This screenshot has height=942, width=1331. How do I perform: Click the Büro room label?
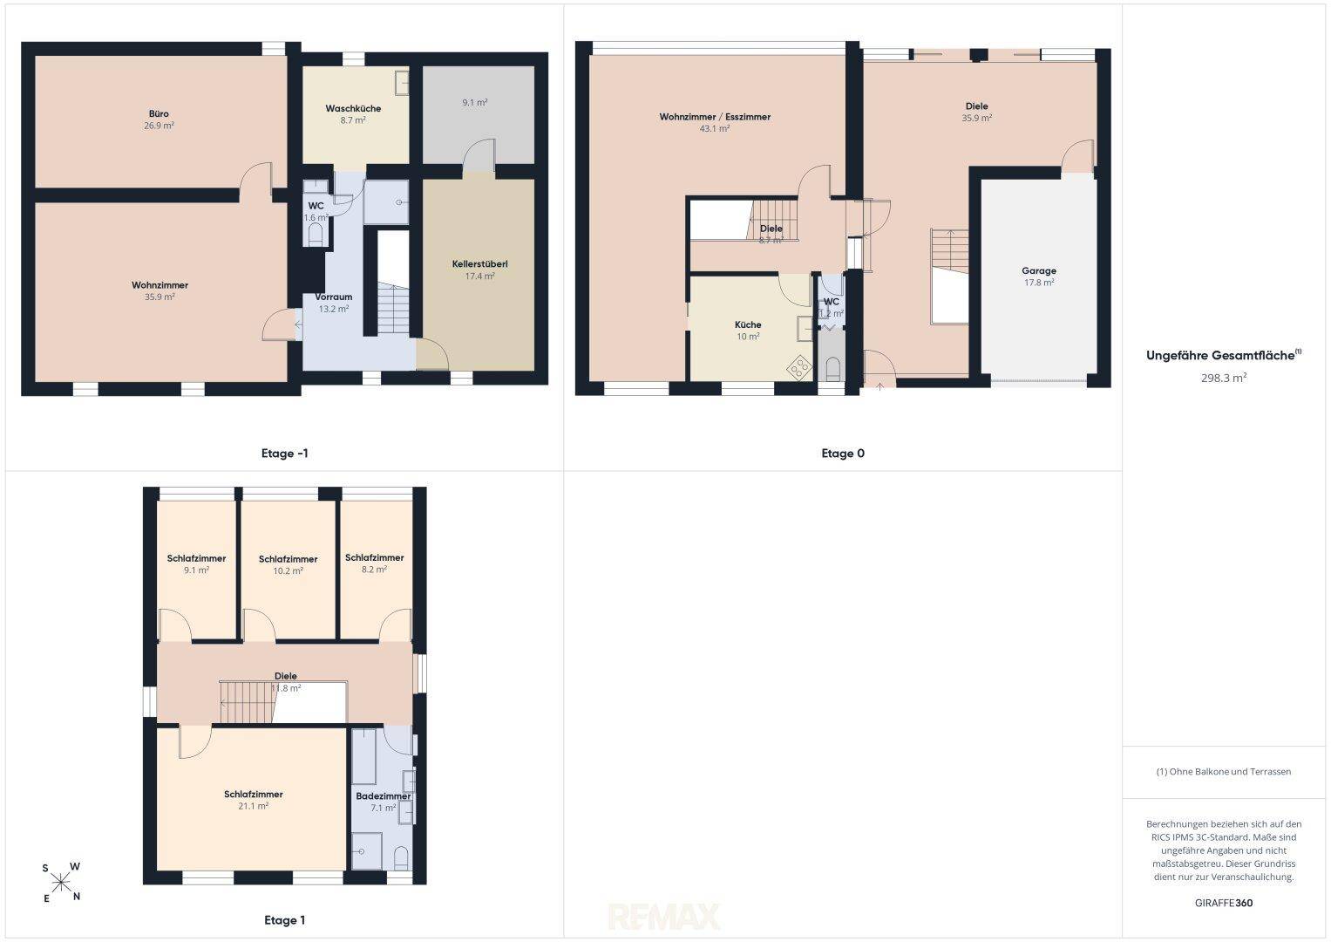(x=159, y=113)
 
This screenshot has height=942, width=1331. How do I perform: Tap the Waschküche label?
(x=353, y=108)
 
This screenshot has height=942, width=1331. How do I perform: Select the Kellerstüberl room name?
(x=479, y=264)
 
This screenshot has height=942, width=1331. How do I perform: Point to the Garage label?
(x=1039, y=271)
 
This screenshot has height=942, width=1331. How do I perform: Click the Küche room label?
(x=748, y=324)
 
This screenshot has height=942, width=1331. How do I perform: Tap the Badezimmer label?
(x=384, y=795)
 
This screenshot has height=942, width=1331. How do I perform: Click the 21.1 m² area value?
(x=253, y=807)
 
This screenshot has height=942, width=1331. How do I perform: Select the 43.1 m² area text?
(x=715, y=128)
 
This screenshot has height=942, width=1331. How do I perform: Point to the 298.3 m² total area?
(x=1224, y=378)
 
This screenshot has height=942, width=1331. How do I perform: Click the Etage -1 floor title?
(x=285, y=454)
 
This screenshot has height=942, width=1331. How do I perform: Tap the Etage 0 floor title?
(x=843, y=454)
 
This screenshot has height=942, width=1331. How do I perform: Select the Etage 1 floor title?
(x=285, y=920)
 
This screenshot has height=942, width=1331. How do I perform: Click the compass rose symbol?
(x=61, y=883)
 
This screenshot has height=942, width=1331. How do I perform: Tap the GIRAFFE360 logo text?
(x=1224, y=903)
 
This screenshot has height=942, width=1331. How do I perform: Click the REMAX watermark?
(x=663, y=917)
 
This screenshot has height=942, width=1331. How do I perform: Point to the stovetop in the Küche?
(x=798, y=367)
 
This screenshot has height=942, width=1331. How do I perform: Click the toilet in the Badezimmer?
(x=402, y=857)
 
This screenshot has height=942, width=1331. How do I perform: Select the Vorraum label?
(x=333, y=297)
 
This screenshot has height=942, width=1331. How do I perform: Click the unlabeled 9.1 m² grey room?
(x=479, y=114)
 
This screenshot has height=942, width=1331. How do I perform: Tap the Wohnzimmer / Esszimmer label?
(x=715, y=117)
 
